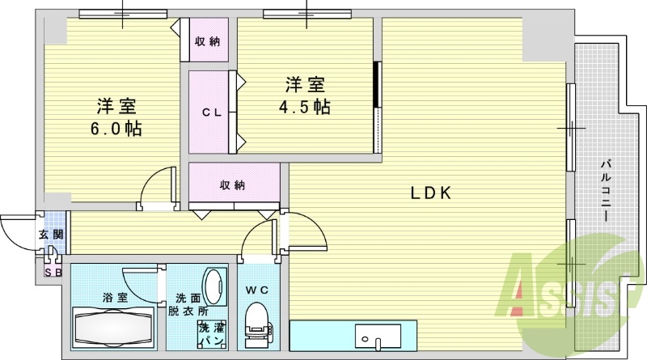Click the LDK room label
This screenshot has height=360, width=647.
(431, 193)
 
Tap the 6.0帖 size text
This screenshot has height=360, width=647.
(116, 129)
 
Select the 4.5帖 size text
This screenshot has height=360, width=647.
(305, 107)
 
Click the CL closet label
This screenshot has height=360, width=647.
(212, 112)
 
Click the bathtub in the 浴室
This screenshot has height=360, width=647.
(113, 328)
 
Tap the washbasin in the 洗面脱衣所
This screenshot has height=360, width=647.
(214, 287)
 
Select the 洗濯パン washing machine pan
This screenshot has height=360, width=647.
(212, 334)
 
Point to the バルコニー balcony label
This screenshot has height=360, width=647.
(605, 191)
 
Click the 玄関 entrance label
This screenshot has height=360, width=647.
(51, 235)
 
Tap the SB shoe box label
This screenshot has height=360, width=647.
(53, 273)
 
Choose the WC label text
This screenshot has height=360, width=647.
(257, 290)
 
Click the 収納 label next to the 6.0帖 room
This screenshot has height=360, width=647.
(208, 41)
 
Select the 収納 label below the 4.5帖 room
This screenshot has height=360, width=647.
(232, 185)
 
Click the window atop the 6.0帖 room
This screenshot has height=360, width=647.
(123, 14)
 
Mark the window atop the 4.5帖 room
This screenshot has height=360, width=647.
(307, 14)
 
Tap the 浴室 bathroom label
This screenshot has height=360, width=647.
(115, 297)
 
